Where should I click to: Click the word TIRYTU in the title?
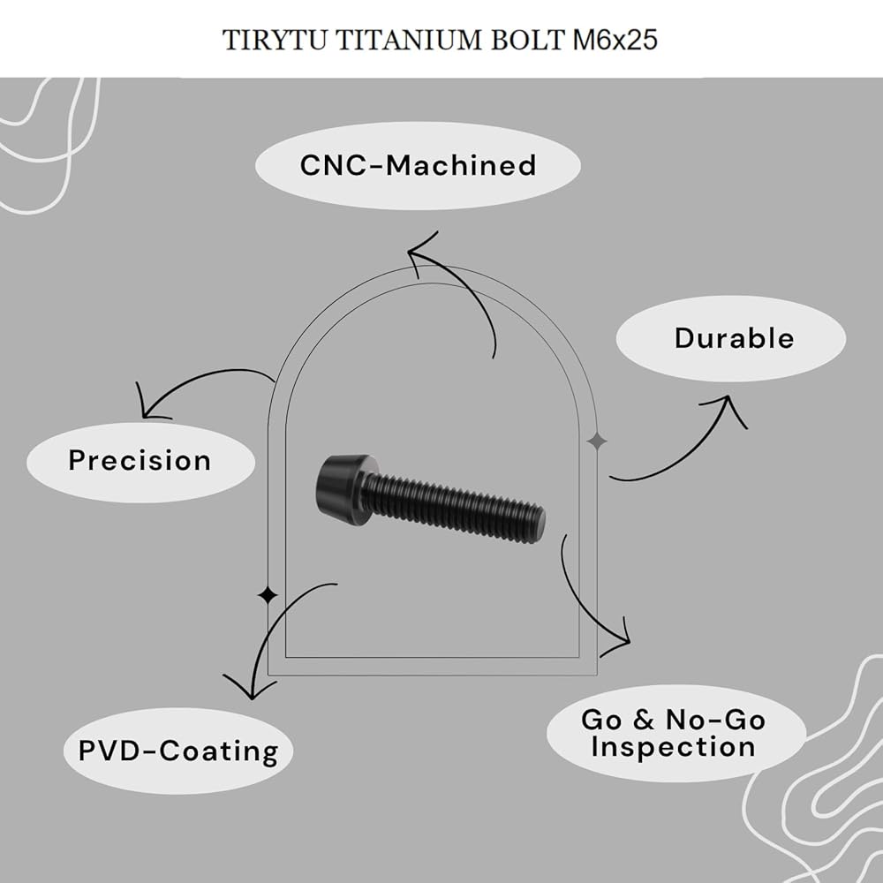(275, 40)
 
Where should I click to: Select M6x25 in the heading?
(615, 40)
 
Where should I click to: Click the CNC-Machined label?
(418, 166)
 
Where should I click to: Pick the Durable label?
(735, 338)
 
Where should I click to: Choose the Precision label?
(140, 460)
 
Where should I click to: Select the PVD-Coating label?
(178, 751)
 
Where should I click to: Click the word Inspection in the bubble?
(674, 747)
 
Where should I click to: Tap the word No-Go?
(715, 720)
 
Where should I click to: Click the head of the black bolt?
(340, 487)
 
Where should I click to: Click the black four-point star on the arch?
(268, 595)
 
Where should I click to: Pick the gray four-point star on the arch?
(597, 441)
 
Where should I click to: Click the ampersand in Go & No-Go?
(644, 720)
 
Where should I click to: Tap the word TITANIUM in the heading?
(408, 40)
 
